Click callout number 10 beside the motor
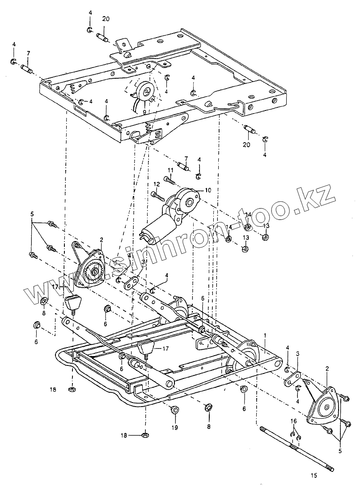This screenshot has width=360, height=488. point(208,190)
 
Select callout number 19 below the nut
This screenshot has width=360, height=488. point(174,428)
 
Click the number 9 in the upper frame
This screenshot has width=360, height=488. point(144,111)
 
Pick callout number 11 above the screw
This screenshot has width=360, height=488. point(170,170)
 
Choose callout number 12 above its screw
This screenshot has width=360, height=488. point(157,184)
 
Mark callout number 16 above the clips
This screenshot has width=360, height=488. point(293,421)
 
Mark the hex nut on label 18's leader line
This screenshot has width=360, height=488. point(145,434)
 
